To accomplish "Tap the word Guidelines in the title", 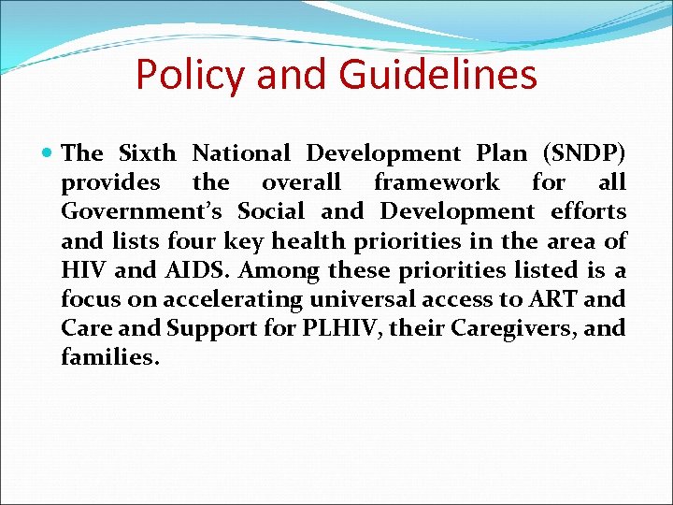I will (438, 75).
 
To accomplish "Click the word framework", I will (437, 182).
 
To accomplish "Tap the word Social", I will (273, 212).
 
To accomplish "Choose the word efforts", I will (586, 212).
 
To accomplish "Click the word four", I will (193, 241).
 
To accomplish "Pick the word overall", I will (301, 182).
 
